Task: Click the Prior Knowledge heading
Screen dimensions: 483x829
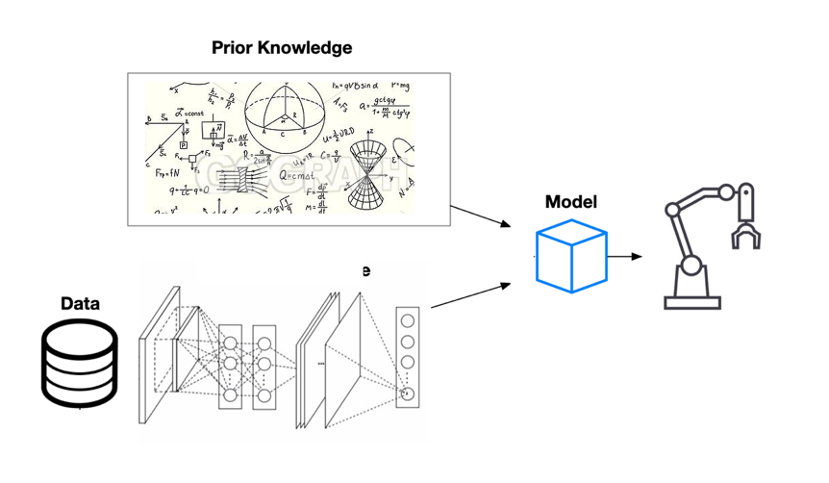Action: pyautogui.click(x=282, y=47)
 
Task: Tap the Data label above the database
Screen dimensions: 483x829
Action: pyautogui.click(x=80, y=304)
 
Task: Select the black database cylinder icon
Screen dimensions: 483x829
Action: pyautogui.click(x=80, y=363)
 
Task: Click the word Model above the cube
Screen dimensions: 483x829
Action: pyautogui.click(x=570, y=202)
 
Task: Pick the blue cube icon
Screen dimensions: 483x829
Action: pyautogui.click(x=571, y=255)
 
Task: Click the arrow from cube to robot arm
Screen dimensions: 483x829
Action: pyautogui.click(x=624, y=257)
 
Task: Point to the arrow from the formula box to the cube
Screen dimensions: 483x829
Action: pyautogui.click(x=481, y=216)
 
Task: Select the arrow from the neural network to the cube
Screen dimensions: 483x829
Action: pyautogui.click(x=470, y=295)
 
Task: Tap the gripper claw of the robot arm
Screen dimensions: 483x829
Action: pyautogui.click(x=745, y=226)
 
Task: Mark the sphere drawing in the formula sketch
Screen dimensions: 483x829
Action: pyautogui.click(x=285, y=116)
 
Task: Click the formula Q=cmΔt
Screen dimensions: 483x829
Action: pyautogui.click(x=297, y=177)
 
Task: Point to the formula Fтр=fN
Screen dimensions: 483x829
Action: pyautogui.click(x=164, y=173)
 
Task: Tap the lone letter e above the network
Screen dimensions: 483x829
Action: pyautogui.click(x=365, y=271)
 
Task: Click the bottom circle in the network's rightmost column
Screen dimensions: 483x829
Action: pyautogui.click(x=408, y=393)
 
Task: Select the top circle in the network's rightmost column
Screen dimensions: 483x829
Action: pyautogui.click(x=408, y=321)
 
